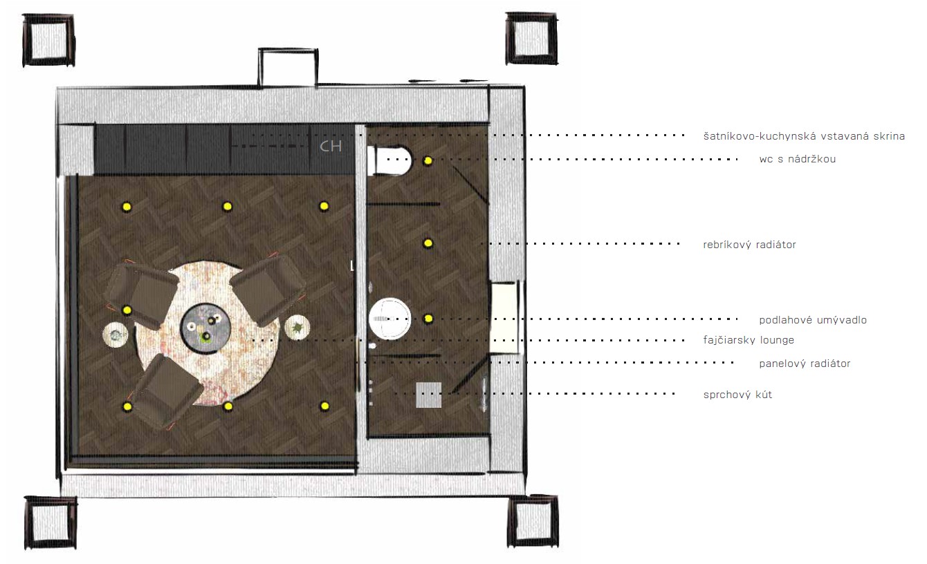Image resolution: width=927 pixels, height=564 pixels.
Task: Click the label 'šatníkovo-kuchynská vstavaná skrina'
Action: (x=804, y=136)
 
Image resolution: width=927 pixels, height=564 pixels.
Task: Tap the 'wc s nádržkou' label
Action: (x=797, y=159)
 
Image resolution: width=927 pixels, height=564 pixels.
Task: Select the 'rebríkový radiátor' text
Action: (x=749, y=245)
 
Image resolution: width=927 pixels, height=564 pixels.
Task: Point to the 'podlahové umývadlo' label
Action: (x=813, y=320)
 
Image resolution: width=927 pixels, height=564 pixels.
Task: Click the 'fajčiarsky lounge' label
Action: (x=749, y=340)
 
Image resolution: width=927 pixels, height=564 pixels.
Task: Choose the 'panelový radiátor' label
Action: (x=805, y=364)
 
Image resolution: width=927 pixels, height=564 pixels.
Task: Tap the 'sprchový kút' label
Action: (x=737, y=395)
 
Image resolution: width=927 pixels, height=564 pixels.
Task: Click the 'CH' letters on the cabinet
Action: (x=331, y=147)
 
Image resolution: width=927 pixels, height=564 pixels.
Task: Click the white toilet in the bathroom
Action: (x=389, y=160)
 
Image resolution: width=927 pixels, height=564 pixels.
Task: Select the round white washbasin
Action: (x=390, y=319)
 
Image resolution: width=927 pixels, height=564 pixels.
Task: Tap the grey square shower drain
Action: (x=428, y=395)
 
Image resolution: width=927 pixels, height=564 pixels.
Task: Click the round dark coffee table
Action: (x=205, y=328)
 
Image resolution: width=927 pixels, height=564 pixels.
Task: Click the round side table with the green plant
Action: (x=297, y=328)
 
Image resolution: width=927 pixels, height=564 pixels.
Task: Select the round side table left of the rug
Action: (x=116, y=335)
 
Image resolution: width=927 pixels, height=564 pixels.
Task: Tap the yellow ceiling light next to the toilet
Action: (x=428, y=160)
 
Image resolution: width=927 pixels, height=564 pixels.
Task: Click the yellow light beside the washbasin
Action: (x=428, y=319)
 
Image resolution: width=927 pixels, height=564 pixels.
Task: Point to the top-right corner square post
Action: (x=531, y=39)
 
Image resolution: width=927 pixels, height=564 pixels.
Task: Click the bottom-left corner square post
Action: (x=51, y=523)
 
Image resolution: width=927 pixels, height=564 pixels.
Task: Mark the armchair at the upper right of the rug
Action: (x=268, y=290)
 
